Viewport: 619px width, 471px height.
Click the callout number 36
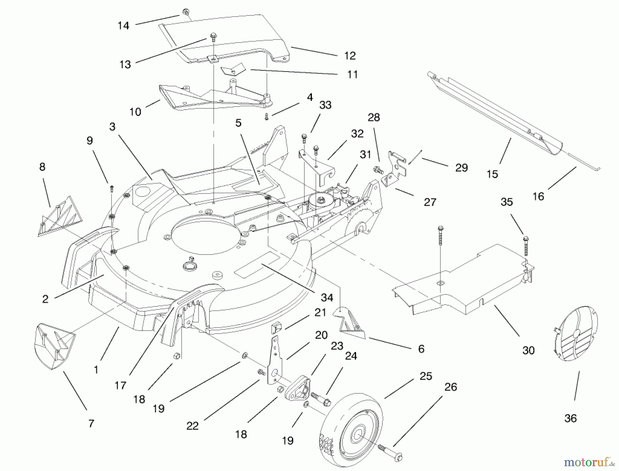(x=570, y=418)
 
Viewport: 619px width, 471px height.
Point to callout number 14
(x=123, y=25)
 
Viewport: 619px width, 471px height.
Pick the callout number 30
(x=528, y=350)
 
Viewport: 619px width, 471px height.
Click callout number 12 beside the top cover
(x=350, y=56)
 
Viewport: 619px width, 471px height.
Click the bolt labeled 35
(x=525, y=246)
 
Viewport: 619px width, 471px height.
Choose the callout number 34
(x=327, y=298)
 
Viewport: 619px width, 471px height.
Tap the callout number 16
(x=538, y=196)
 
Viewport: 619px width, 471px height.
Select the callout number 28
(x=373, y=117)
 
